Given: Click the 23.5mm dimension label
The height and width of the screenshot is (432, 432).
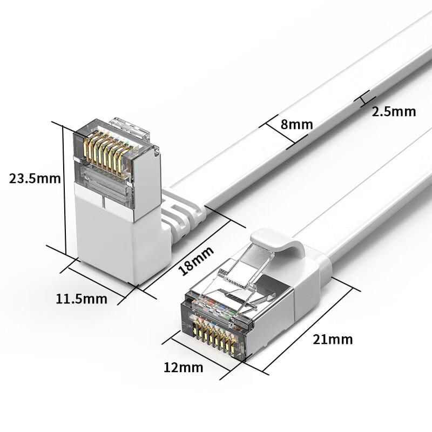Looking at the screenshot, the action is point(35,179).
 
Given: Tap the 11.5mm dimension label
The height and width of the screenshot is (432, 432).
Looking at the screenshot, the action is point(82,299).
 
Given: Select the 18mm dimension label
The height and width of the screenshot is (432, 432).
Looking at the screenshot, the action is point(196,261).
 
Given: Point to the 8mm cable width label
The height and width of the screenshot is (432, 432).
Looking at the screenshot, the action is point(296,125).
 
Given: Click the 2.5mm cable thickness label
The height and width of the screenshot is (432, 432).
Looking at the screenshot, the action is point(394,112).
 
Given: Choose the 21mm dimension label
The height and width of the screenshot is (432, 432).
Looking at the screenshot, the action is point(333,340).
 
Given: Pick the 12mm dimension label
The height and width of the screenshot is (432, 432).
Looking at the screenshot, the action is point(183,368).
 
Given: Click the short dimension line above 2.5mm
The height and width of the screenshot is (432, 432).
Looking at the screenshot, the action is point(364,99).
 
